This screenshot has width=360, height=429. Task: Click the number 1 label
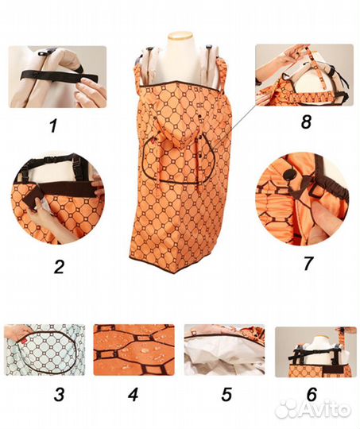[53, 126]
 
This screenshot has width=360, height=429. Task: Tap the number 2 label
[59, 267]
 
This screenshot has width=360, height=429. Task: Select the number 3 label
[59, 395]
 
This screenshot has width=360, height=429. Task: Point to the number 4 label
[134, 395]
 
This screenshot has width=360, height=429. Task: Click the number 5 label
[226, 395]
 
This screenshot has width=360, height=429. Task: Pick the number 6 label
[312, 395]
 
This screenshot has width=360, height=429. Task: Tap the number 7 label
[308, 263]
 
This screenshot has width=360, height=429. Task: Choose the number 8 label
[306, 122]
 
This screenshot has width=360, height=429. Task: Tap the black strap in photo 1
[59, 75]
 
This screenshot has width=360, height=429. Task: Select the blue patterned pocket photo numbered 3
[45, 350]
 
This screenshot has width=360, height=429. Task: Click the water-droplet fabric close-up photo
[134, 350]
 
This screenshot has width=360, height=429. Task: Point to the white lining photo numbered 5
[224, 350]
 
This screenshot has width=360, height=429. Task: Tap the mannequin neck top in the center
[180, 36]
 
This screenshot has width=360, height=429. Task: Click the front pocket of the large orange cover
[179, 160]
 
